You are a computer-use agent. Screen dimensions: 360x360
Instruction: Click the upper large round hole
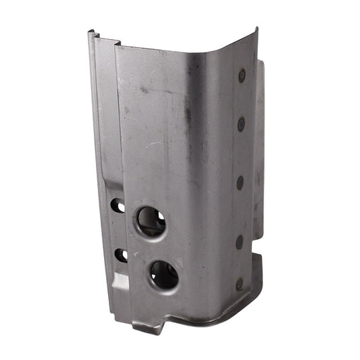coord(151,221)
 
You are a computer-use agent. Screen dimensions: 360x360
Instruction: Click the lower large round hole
coord(164,274)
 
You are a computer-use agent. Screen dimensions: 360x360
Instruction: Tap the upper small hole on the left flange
coord(118,205)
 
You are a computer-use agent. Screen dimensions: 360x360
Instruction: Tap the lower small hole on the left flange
coord(122,255)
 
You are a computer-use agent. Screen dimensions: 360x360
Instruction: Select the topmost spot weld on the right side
coord(242,76)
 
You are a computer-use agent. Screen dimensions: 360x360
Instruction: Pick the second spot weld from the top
coord(241,124)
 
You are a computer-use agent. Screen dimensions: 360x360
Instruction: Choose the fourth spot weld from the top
coord(239,241)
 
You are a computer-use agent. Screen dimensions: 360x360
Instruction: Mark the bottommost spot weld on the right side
coord(239,284)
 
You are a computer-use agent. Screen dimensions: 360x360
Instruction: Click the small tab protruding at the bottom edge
coord(148,328)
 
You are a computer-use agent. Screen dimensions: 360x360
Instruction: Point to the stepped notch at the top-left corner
coord(97,36)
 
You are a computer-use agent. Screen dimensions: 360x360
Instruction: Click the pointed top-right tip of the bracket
coord(257,29)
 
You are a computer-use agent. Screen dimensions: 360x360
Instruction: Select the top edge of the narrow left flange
coord(103,39)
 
